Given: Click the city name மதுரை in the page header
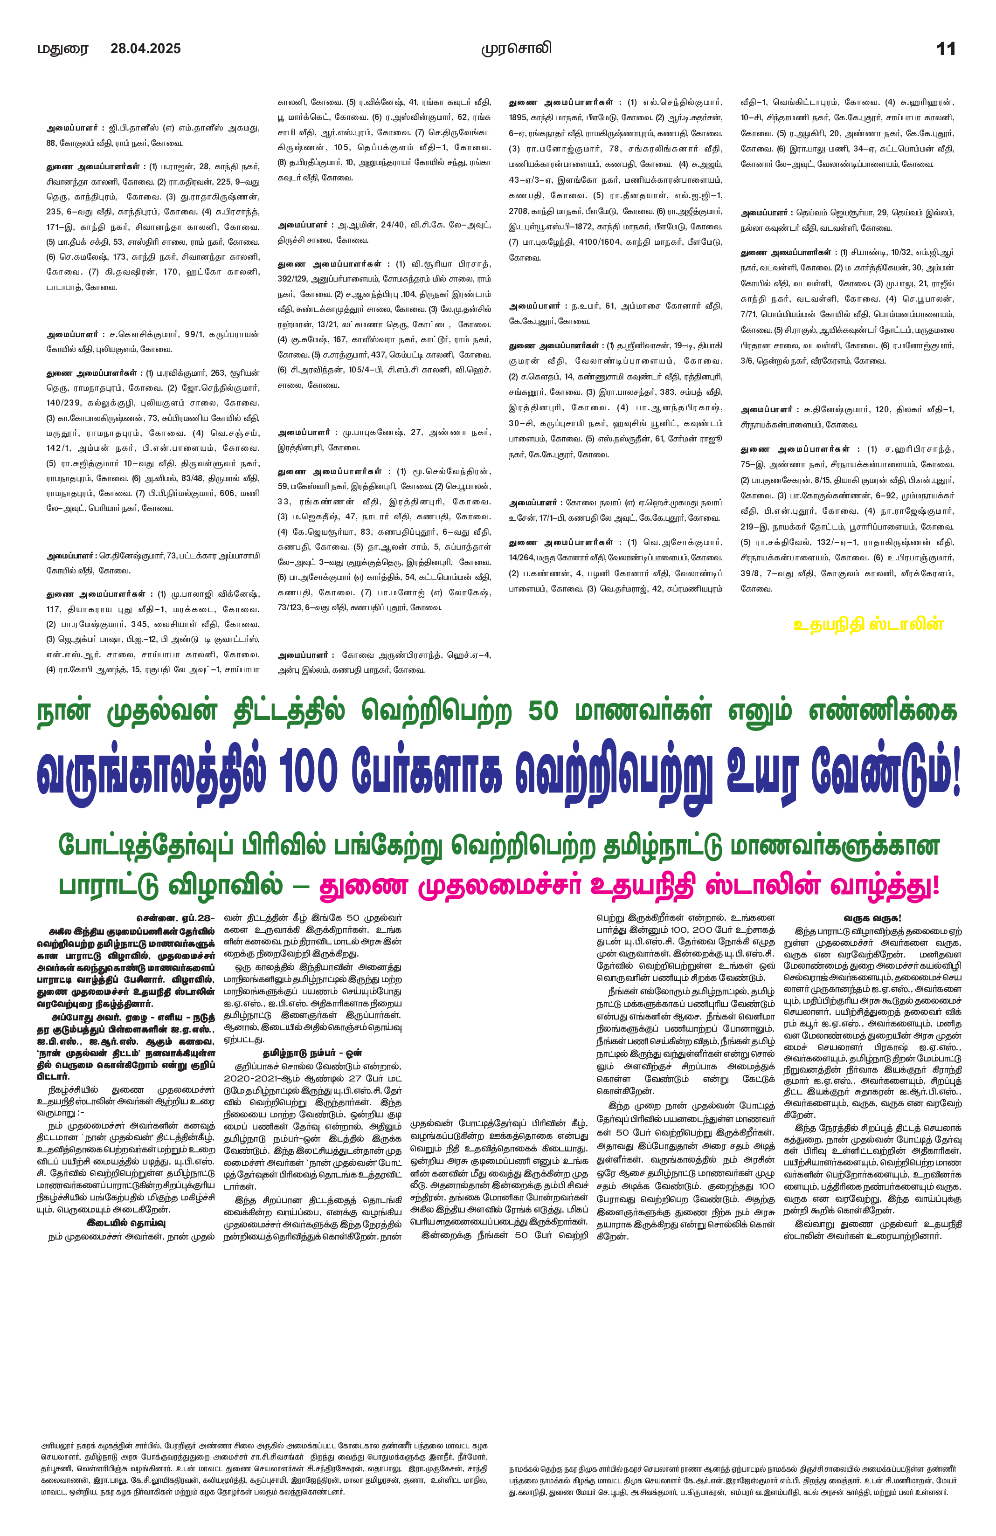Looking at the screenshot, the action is click(x=62, y=49).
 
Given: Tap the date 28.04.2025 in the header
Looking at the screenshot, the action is click(x=145, y=48).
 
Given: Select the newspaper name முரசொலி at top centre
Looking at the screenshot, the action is click(x=516, y=48).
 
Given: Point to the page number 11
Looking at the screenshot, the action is click(x=946, y=49).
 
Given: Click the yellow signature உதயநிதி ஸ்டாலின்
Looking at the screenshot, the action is click(x=868, y=624).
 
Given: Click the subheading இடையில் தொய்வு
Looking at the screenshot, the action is click(x=126, y=1222).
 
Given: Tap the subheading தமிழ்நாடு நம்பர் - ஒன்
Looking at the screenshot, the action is click(x=312, y=1053).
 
